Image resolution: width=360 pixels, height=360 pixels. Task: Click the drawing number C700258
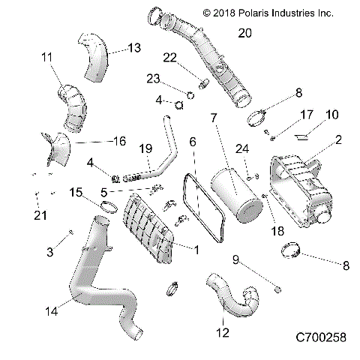(x=316, y=337)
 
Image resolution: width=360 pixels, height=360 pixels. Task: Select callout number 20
(x=245, y=32)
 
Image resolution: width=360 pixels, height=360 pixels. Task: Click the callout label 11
(x=46, y=57)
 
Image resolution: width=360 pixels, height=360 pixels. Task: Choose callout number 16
(x=118, y=140)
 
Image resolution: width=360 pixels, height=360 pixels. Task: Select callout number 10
(x=331, y=114)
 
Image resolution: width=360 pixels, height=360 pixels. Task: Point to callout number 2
(x=338, y=139)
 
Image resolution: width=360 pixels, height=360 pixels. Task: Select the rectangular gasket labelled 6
(x=197, y=208)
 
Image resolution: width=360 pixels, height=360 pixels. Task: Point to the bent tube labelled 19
(x=165, y=142)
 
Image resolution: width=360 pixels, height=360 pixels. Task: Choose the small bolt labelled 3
(x=70, y=233)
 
